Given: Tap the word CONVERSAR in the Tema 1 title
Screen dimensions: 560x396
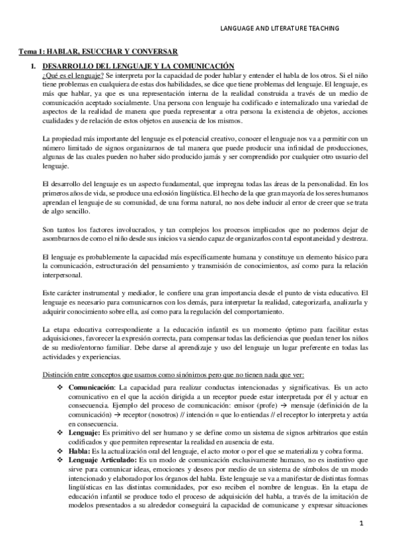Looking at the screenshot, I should coord(157,52).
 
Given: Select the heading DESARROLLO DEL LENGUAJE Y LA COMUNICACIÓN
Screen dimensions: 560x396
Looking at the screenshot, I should coord(138,66).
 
